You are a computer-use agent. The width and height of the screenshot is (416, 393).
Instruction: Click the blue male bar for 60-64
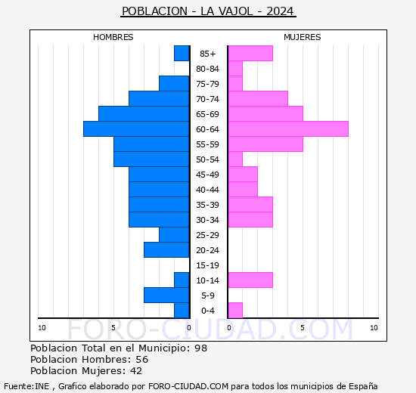tap(136, 129)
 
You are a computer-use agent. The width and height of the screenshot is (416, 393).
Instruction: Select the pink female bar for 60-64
tap(288, 129)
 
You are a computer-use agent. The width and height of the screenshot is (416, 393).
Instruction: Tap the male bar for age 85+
tap(182, 54)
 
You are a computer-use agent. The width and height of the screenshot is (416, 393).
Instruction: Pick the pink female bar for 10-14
tap(250, 280)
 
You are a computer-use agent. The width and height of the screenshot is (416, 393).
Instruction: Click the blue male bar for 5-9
tap(166, 296)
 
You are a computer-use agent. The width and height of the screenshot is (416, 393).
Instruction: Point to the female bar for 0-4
tap(235, 311)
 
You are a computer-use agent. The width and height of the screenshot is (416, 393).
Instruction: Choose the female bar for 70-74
tap(258, 99)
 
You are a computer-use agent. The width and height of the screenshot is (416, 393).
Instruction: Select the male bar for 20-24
tap(166, 250)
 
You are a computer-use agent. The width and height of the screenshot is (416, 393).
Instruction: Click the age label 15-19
tap(208, 265)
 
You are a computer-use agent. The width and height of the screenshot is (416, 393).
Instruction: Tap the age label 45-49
tap(208, 175)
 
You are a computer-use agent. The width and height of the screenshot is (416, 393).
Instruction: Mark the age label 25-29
tap(208, 235)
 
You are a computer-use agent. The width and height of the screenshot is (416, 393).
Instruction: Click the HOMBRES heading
tap(113, 37)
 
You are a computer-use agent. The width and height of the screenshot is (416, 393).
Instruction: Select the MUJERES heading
tap(303, 37)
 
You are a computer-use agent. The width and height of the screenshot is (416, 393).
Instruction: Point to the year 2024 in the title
tap(281, 11)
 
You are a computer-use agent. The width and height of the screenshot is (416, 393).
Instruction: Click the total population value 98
tap(200, 348)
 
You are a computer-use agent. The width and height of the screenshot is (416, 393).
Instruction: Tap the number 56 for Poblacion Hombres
tap(141, 360)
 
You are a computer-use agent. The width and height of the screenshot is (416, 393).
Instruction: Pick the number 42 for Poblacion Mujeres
tap(135, 371)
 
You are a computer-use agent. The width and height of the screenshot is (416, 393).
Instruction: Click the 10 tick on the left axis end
tap(42, 327)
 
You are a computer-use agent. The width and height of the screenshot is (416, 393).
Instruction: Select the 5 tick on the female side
tap(302, 327)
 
